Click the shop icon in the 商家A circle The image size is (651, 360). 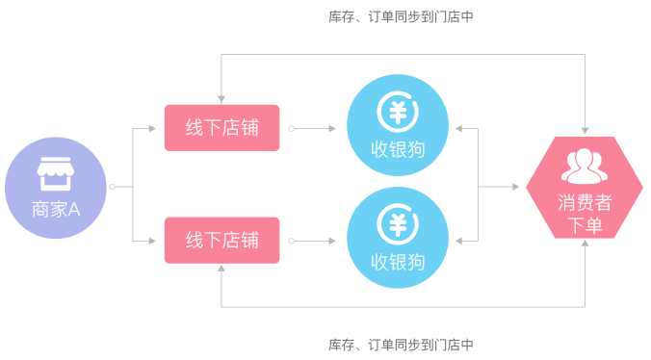coord(55,174)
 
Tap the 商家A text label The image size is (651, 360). coord(55,208)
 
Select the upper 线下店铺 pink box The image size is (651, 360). coord(221,128)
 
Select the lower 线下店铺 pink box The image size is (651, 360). coord(221,240)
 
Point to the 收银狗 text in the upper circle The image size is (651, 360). coord(397,149)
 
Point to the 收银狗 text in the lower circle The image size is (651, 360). coord(397,262)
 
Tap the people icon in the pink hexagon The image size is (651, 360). coord(585,166)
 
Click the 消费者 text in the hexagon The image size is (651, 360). coord(585,203)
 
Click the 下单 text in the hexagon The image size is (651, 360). coord(585,226)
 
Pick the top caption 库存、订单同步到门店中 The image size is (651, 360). coord(401,16)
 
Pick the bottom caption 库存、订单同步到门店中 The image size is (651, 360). coord(401,345)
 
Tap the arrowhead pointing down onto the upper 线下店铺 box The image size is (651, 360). coord(221,99)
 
